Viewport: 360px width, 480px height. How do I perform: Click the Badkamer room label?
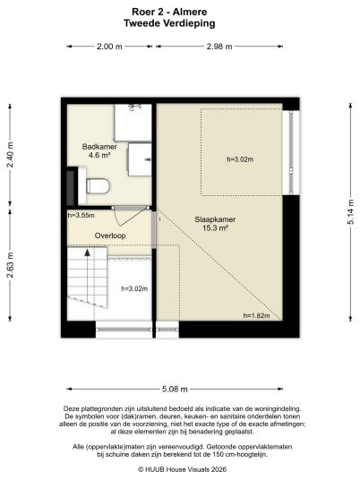99,147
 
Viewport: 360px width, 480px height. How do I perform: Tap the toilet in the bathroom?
98,185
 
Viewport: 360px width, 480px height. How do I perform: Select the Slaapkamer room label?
215,219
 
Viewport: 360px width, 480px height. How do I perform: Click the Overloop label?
110,236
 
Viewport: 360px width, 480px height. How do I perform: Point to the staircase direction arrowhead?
88,253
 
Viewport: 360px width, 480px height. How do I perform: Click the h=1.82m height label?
256,315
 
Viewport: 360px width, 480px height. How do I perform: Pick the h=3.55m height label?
81,215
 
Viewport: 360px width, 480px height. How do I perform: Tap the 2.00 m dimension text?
109,47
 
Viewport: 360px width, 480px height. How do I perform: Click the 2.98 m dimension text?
219,47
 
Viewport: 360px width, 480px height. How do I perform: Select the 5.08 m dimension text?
175,389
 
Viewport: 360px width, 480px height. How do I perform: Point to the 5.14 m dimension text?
351,212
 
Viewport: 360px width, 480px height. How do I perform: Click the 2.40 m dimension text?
10,155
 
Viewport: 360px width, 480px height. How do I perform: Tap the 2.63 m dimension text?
10,265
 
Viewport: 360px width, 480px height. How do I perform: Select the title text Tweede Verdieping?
169,23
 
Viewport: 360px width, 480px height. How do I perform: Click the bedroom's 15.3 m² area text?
215,227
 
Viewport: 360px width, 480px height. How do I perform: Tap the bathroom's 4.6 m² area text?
99,155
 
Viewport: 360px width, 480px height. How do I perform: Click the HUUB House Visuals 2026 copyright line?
182,469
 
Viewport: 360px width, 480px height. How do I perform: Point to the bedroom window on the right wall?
291,152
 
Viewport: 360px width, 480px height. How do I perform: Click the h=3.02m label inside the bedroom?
240,159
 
